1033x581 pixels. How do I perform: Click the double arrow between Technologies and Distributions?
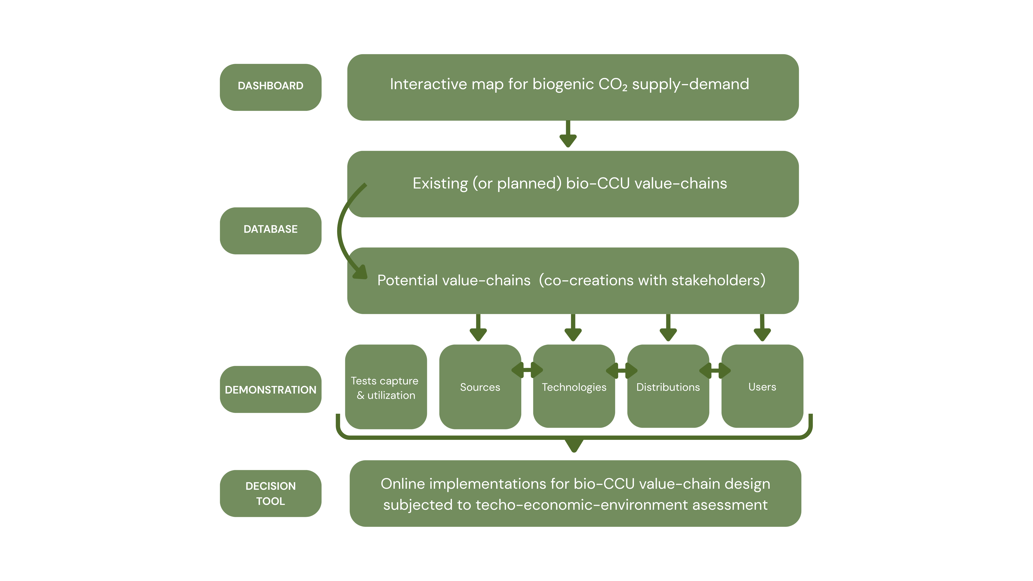621,370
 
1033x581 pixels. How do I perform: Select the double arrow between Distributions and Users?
715,370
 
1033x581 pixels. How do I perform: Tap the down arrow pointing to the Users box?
762,328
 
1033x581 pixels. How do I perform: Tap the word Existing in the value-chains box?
440,184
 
